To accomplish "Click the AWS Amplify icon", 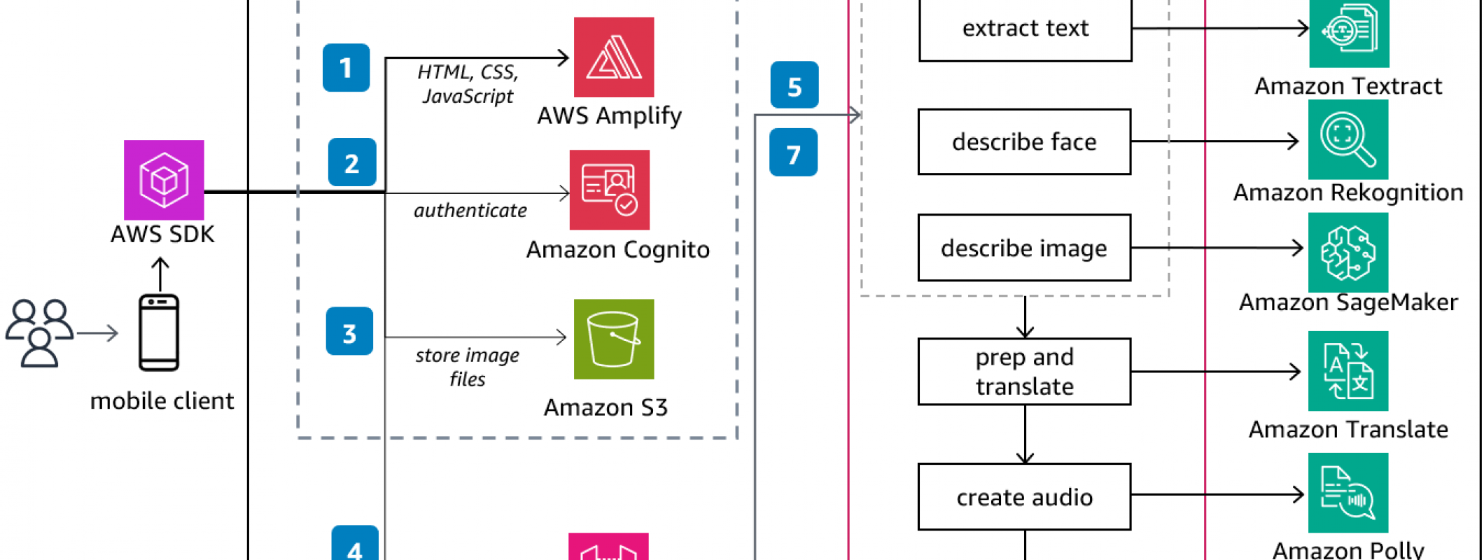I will click(x=614, y=57).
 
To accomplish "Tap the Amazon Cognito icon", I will click(x=609, y=190).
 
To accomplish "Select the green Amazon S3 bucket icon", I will click(x=614, y=339).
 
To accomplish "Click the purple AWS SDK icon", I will click(x=164, y=180).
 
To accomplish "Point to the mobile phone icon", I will click(x=159, y=332).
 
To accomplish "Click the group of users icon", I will click(x=40, y=333).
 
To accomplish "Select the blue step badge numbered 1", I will click(x=346, y=68).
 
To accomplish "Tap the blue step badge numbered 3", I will click(x=349, y=332).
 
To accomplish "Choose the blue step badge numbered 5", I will click(x=794, y=85).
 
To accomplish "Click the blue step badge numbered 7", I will click(x=793, y=153).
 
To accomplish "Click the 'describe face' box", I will click(x=1024, y=142).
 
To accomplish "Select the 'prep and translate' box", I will click(x=1024, y=372).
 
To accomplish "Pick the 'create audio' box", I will click(x=1024, y=497).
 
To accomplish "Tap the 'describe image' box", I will click(x=1024, y=248).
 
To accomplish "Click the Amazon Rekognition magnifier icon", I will click(x=1347, y=139).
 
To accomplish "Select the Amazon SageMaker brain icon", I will click(x=1347, y=253).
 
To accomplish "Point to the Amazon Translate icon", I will click(x=1347, y=371).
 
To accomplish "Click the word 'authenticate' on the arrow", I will click(x=470, y=211).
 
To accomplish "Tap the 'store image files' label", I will click(x=468, y=367).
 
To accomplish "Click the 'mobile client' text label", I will click(x=162, y=401).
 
